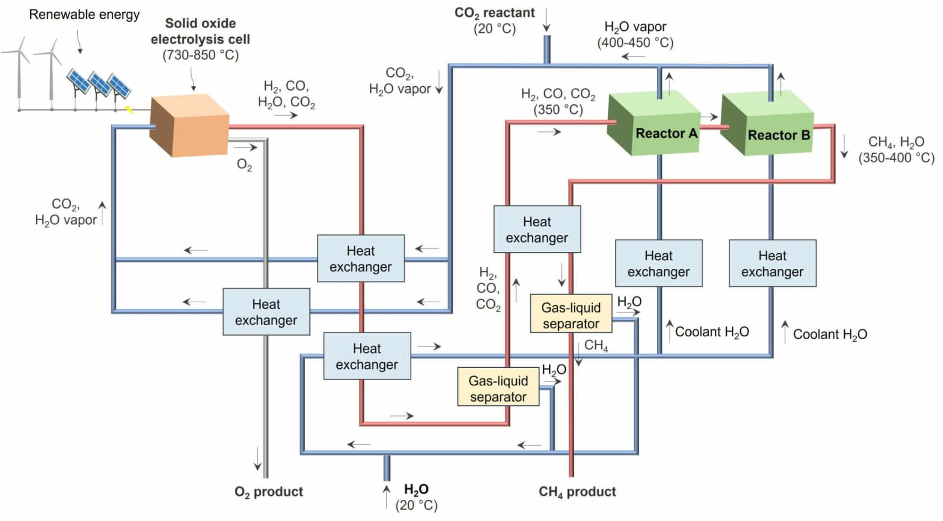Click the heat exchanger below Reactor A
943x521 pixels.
(x=659, y=263)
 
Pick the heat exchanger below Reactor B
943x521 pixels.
(x=772, y=263)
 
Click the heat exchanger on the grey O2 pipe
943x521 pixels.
(x=266, y=312)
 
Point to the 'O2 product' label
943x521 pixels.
(x=269, y=491)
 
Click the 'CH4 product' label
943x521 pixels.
(x=577, y=492)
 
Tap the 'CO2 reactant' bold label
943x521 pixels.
(x=494, y=13)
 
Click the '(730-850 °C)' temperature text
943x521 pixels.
(x=200, y=55)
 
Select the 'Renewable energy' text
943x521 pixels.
(x=84, y=15)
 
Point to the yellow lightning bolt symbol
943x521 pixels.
(x=129, y=110)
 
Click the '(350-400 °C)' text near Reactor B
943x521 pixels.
(x=896, y=157)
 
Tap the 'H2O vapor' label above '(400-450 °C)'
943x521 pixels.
(x=635, y=27)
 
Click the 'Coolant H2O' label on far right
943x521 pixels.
(x=830, y=334)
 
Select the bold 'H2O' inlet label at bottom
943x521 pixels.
(x=416, y=489)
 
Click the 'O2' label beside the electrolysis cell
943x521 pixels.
(x=244, y=165)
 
